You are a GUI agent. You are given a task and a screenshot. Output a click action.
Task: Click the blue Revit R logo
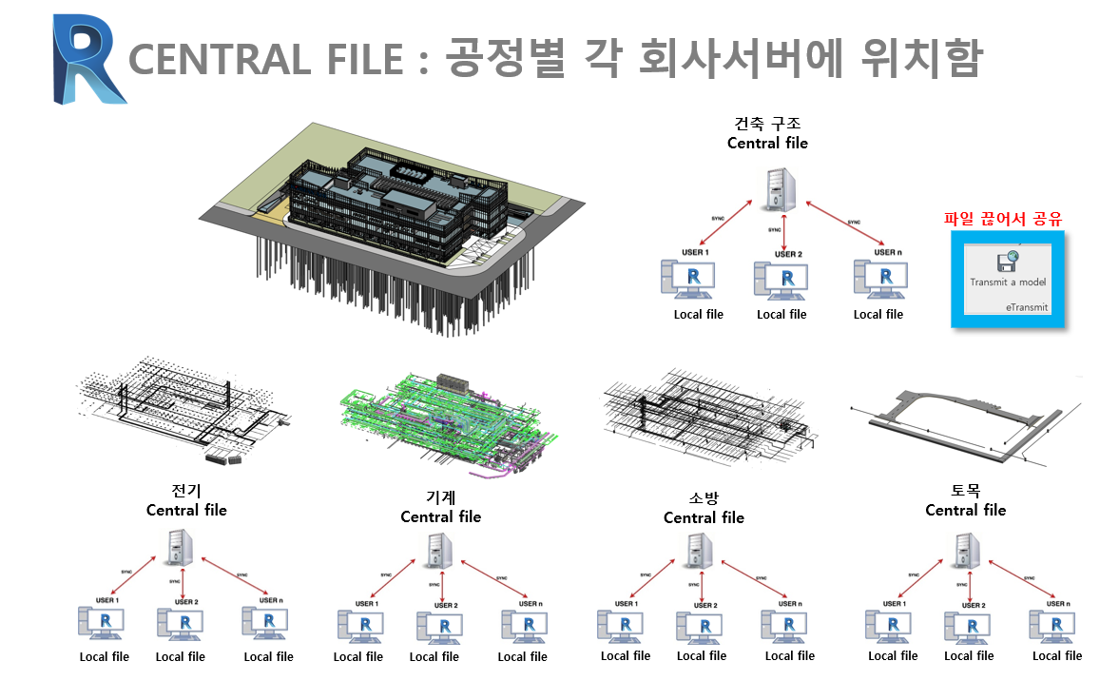[88, 58]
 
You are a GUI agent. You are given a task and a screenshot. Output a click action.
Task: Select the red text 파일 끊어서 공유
[1002, 219]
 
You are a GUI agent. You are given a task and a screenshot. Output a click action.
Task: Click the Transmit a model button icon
[1007, 261]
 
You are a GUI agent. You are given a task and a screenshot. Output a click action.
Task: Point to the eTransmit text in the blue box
[1026, 307]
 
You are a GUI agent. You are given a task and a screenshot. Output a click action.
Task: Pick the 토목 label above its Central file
[965, 492]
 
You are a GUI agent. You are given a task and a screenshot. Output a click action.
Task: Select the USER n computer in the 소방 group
[784, 625]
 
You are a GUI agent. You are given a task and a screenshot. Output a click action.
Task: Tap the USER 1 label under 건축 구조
[694, 252]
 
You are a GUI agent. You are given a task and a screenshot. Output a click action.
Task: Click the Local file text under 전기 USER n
[269, 656]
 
